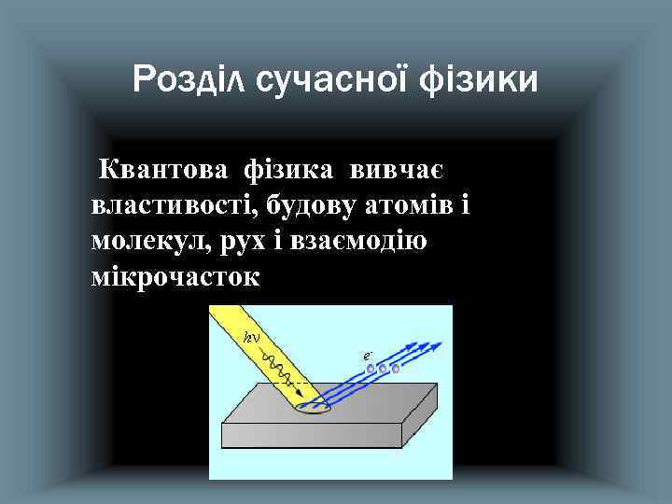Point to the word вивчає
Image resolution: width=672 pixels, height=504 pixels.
(x=397, y=171)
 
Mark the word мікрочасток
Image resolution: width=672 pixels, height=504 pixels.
(x=176, y=277)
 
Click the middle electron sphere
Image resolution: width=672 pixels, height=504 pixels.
(x=383, y=370)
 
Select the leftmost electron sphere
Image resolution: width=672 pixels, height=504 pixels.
(x=371, y=371)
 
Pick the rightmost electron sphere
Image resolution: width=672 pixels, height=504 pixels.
(x=395, y=369)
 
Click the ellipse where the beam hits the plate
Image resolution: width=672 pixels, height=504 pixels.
(x=312, y=407)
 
